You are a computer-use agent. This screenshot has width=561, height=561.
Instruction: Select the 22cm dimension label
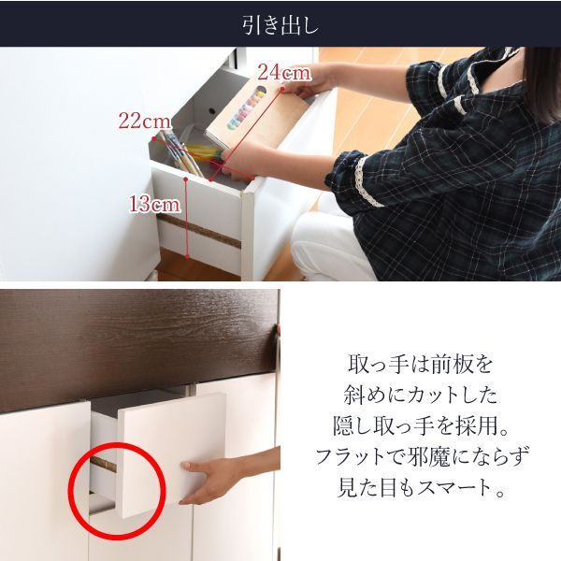[x=144, y=121]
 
